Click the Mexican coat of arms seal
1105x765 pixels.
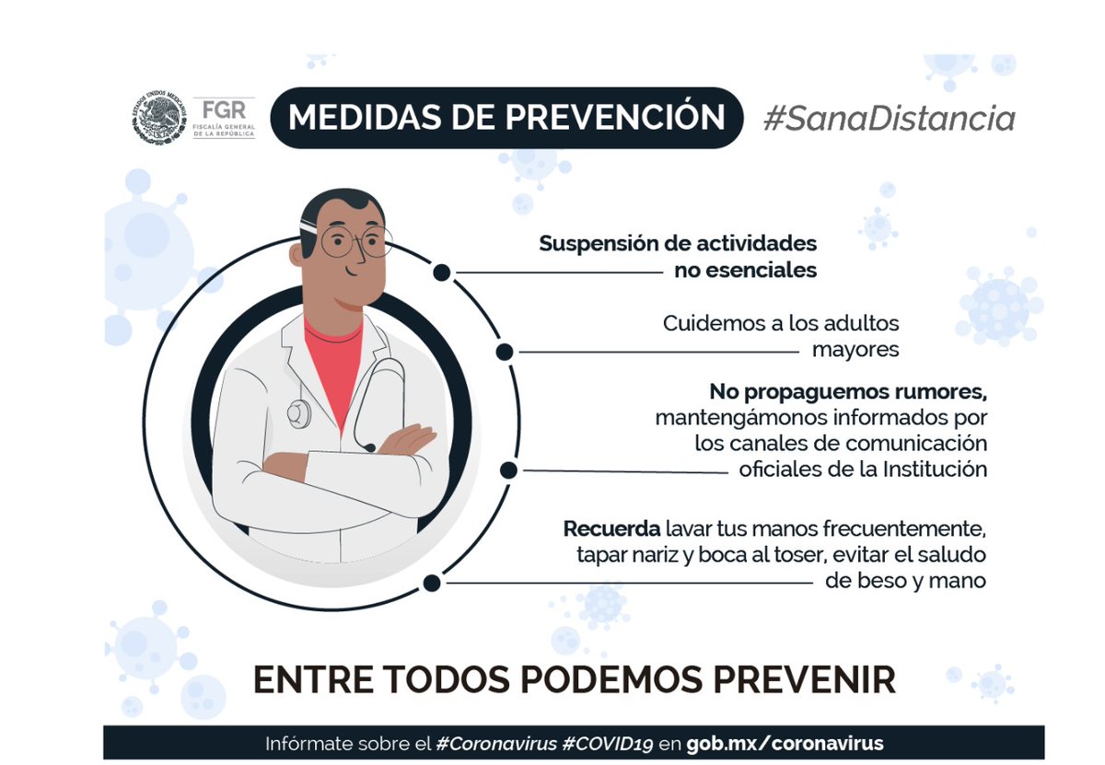click(157, 117)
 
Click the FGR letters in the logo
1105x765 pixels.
click(225, 109)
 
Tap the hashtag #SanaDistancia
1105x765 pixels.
click(889, 118)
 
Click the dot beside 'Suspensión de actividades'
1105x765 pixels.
click(442, 272)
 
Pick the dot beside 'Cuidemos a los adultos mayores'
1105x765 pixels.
click(504, 352)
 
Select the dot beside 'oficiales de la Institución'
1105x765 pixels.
click(507, 470)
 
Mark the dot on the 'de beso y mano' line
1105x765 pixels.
click(430, 582)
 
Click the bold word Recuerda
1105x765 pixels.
click(611, 530)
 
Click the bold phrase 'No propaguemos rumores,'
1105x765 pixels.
click(847, 391)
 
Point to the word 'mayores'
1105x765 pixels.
click(855, 350)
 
